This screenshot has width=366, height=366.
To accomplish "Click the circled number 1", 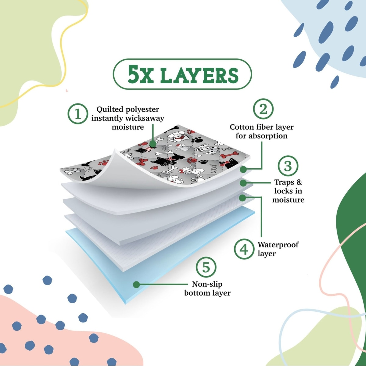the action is [78, 114].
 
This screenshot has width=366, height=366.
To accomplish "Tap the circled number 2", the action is [263, 109].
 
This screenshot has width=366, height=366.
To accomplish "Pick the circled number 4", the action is [244, 249].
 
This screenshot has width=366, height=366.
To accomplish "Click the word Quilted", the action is [107, 109].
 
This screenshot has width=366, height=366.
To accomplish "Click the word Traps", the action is [283, 182].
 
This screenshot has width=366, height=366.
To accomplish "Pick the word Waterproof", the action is [278, 245].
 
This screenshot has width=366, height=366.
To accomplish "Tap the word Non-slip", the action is [207, 284].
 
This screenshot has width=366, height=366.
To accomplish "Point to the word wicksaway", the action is [145, 118].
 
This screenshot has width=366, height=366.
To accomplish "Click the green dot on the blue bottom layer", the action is [136, 285].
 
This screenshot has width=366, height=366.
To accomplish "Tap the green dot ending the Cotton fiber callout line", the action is [243, 169].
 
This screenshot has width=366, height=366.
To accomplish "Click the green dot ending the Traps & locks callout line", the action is [243, 183].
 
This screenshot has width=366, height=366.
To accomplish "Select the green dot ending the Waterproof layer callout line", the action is [242, 198].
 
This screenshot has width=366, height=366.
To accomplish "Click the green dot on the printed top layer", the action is [153, 144].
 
